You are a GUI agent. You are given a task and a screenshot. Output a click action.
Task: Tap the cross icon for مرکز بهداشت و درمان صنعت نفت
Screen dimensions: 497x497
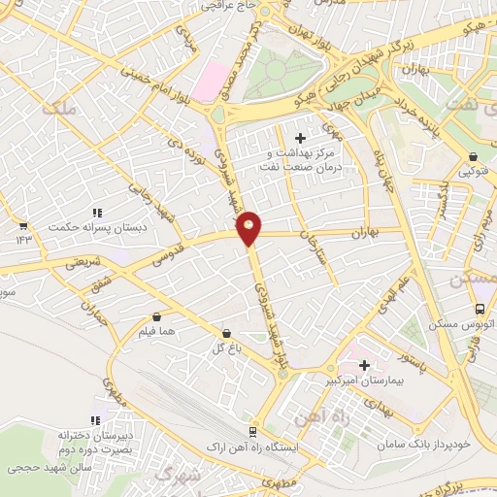300,139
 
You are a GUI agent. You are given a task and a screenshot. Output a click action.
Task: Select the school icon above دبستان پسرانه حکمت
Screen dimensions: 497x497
96,213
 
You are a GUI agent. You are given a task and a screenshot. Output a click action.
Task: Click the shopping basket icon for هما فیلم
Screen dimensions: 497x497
156,316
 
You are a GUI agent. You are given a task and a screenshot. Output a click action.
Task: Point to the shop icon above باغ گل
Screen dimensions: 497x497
226,333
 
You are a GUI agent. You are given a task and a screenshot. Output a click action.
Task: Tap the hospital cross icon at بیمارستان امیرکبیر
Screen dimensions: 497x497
364,366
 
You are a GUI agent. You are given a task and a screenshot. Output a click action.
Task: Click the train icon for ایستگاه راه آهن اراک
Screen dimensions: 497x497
252,431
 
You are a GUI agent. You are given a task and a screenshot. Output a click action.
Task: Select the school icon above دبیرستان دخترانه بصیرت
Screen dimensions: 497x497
95,420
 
